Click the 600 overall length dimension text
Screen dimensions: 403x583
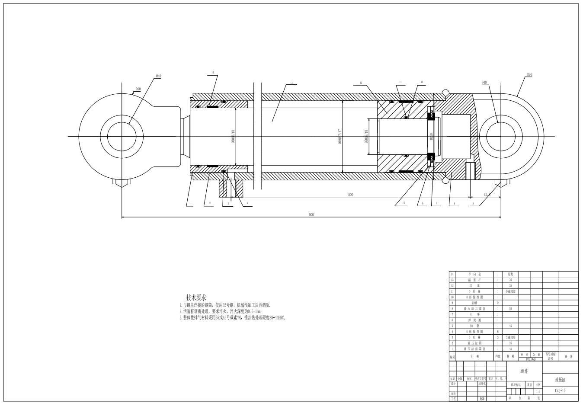311,215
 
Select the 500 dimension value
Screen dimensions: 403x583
350,195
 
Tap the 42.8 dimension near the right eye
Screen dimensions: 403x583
487,195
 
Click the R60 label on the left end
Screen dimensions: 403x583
138,90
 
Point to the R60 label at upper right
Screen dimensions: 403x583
529,75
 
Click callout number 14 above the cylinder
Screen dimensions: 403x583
213,72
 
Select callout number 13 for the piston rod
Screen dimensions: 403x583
291,83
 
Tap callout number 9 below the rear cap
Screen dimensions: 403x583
473,203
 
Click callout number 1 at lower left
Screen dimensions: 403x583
189,203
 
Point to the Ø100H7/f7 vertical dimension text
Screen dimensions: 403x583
340,136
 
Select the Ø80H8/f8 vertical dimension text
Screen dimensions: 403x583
233,136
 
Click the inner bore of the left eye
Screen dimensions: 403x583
122,137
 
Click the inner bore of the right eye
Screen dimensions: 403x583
500,137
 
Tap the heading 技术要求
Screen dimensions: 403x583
196,297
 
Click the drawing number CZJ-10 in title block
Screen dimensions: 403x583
560,390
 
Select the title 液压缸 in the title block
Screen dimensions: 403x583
560,380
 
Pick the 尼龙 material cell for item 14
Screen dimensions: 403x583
510,274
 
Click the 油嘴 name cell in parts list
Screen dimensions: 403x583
474,303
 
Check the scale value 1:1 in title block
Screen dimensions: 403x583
538,392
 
